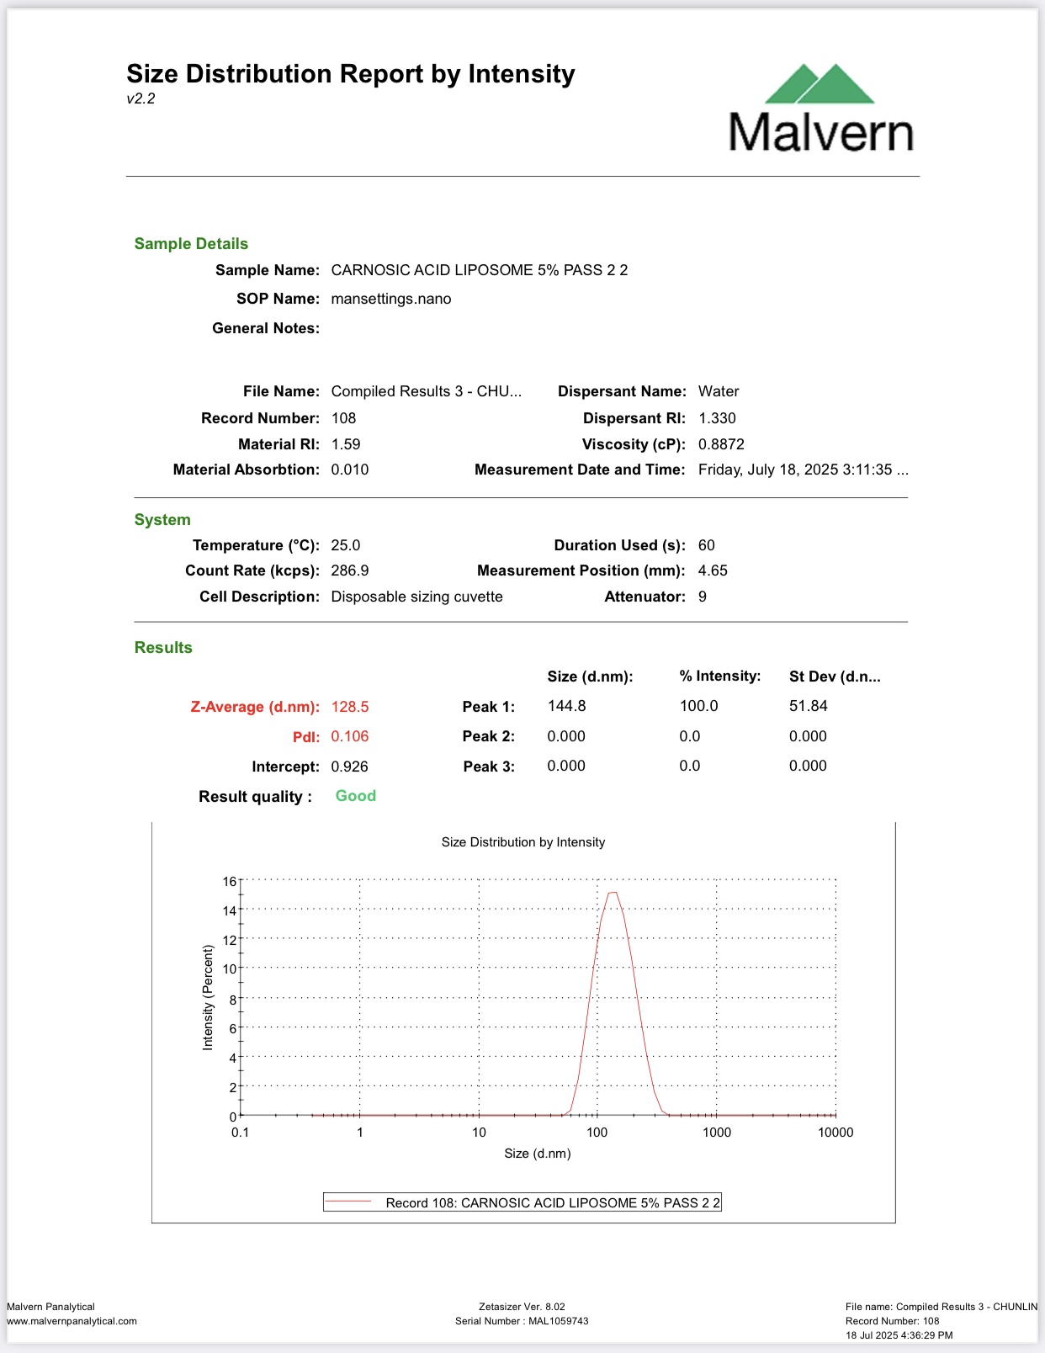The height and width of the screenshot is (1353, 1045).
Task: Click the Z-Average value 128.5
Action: coord(350,707)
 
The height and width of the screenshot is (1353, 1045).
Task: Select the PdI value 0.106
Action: coord(350,736)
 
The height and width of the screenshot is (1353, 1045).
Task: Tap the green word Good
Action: coord(356,796)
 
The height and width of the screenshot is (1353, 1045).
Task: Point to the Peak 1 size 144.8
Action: coord(566,706)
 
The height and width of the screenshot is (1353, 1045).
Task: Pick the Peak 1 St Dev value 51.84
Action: coord(808,706)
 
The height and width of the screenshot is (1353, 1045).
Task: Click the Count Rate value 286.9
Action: coord(350,570)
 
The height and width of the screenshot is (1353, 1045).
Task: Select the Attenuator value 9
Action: coord(703,597)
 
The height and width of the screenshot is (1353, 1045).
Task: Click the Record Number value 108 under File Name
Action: coord(343,418)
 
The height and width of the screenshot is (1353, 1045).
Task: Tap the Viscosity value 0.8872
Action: coord(721,444)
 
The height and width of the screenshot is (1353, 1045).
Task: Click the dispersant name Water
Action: coord(719,391)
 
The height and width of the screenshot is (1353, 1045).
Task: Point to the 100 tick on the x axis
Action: coord(597,1133)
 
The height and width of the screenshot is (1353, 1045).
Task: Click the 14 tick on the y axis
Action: coord(230,910)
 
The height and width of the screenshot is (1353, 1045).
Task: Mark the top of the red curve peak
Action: coord(613,893)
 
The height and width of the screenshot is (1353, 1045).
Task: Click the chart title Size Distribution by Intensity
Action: coord(523,842)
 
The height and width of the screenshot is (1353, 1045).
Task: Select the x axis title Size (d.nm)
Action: coord(538,1154)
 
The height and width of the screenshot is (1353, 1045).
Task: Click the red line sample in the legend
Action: coord(349,1202)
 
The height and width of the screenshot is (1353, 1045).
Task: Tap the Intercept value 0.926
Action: coord(350,767)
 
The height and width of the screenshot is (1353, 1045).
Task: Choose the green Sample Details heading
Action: coord(191,244)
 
